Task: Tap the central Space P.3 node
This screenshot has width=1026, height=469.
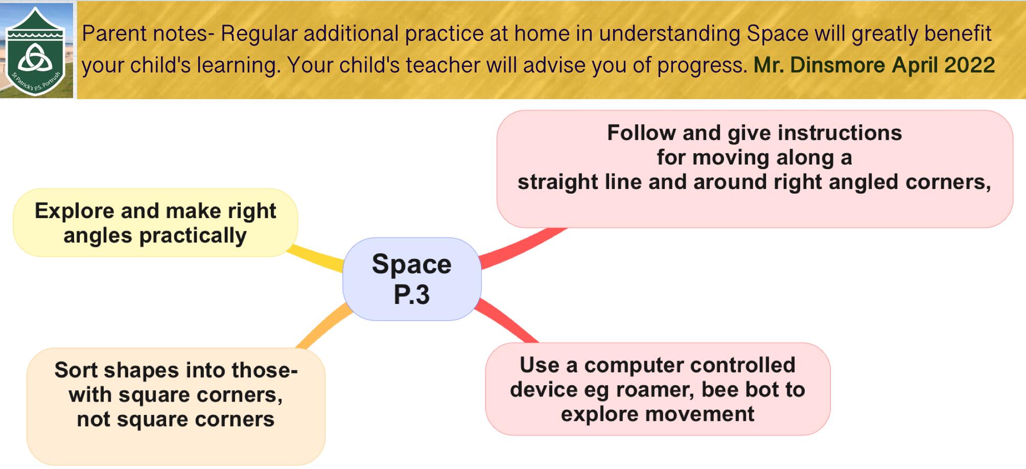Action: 412,279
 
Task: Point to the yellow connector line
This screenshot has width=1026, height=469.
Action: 316,258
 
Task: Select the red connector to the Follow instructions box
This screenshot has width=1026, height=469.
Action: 524,248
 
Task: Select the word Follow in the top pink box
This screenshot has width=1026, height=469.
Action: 641,133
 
